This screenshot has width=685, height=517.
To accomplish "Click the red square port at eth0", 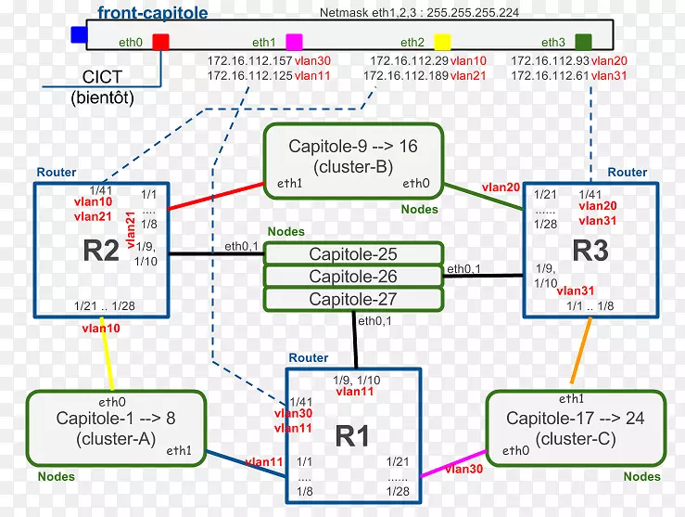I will (x=160, y=42).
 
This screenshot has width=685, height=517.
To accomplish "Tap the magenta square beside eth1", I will (x=294, y=42).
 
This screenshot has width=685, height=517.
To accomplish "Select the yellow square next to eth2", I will (x=442, y=42).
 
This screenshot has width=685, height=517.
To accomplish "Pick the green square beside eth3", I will (x=583, y=42).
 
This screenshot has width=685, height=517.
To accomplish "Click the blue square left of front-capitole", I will (x=79, y=35).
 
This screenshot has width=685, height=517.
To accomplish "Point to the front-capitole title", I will (x=152, y=14).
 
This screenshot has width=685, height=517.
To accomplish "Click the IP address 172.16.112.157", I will (x=248, y=60).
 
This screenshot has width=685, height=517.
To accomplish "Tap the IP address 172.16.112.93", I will (x=549, y=60).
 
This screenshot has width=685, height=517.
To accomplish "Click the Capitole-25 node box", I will (x=352, y=253).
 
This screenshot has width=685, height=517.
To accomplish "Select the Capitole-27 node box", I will (x=352, y=299).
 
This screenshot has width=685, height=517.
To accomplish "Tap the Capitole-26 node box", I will (x=352, y=277).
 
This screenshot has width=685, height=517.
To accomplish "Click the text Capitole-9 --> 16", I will (x=353, y=147).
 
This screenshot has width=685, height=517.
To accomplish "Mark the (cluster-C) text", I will (x=575, y=439).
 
